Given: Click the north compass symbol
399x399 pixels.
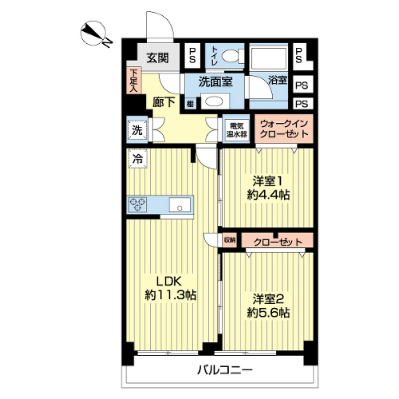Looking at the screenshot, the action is tap(93, 33).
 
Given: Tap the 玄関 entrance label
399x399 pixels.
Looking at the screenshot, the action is tap(158, 57).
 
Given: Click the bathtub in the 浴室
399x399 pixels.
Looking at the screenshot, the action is tap(269, 58).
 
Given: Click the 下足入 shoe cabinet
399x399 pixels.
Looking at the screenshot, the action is tap(134, 81).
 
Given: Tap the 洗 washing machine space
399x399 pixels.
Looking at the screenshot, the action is tap(137, 130).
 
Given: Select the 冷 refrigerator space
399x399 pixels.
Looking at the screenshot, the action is tap(137, 159).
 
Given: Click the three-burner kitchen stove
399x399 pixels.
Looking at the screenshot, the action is tap(137, 205).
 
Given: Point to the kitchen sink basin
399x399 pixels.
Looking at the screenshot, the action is tap(180, 205).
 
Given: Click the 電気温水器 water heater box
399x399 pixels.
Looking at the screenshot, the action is tap(236, 130).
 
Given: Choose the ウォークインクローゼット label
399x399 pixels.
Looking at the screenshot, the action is tap(284, 128).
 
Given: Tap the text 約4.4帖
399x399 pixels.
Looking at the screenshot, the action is tap(268, 196).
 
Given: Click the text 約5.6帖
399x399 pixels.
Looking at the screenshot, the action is tap(268, 312).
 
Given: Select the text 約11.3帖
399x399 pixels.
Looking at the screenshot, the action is tap(171, 294).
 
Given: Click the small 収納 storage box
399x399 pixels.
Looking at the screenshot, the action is tap(230, 240).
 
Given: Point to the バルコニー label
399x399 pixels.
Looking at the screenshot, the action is tap(225, 370).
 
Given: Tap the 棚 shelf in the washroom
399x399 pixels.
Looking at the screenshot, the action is tap(190, 104).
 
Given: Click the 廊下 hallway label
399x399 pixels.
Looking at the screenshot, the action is tap(164, 102).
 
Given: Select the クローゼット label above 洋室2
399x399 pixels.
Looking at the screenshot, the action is tap(279, 243).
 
